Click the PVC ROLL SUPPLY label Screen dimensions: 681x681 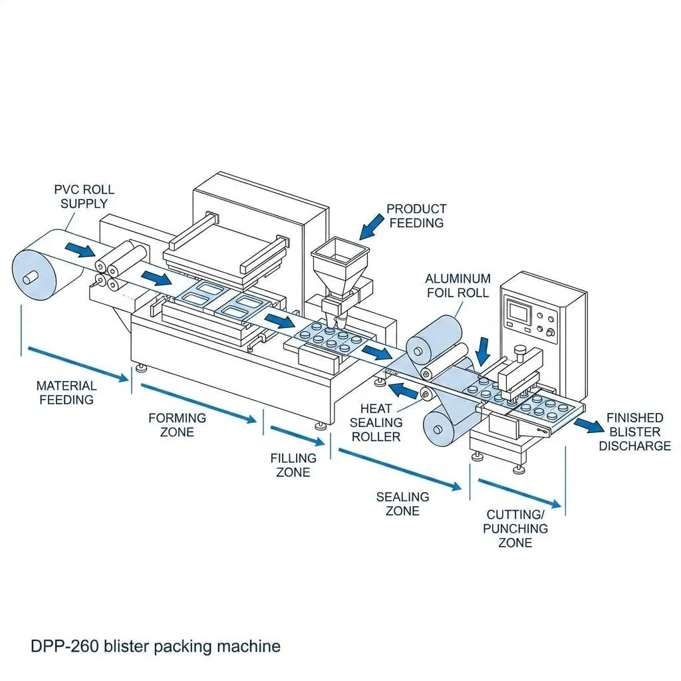tap(84, 196)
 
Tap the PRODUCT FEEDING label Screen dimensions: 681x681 tap(416, 216)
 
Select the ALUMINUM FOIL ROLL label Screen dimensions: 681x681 tap(458, 285)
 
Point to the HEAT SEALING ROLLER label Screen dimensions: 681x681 tap(376, 422)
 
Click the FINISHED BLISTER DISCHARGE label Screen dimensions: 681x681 tap(634, 432)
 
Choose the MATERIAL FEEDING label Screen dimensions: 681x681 tap(67, 392)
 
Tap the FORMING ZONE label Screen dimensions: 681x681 tap(177, 425)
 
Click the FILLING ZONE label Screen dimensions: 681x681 tap(293, 465)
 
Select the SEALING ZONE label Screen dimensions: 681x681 tap(402, 504)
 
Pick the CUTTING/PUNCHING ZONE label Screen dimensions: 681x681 tap(515, 529)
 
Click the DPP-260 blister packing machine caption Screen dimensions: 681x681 tap(156, 646)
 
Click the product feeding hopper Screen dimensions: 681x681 tap(340, 269)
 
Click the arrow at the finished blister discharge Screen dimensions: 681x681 tap(589, 425)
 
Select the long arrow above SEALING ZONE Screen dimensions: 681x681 tap(400, 470)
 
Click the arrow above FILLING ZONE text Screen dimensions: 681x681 tap(297, 436)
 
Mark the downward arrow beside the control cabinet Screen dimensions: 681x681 tap(481, 351)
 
